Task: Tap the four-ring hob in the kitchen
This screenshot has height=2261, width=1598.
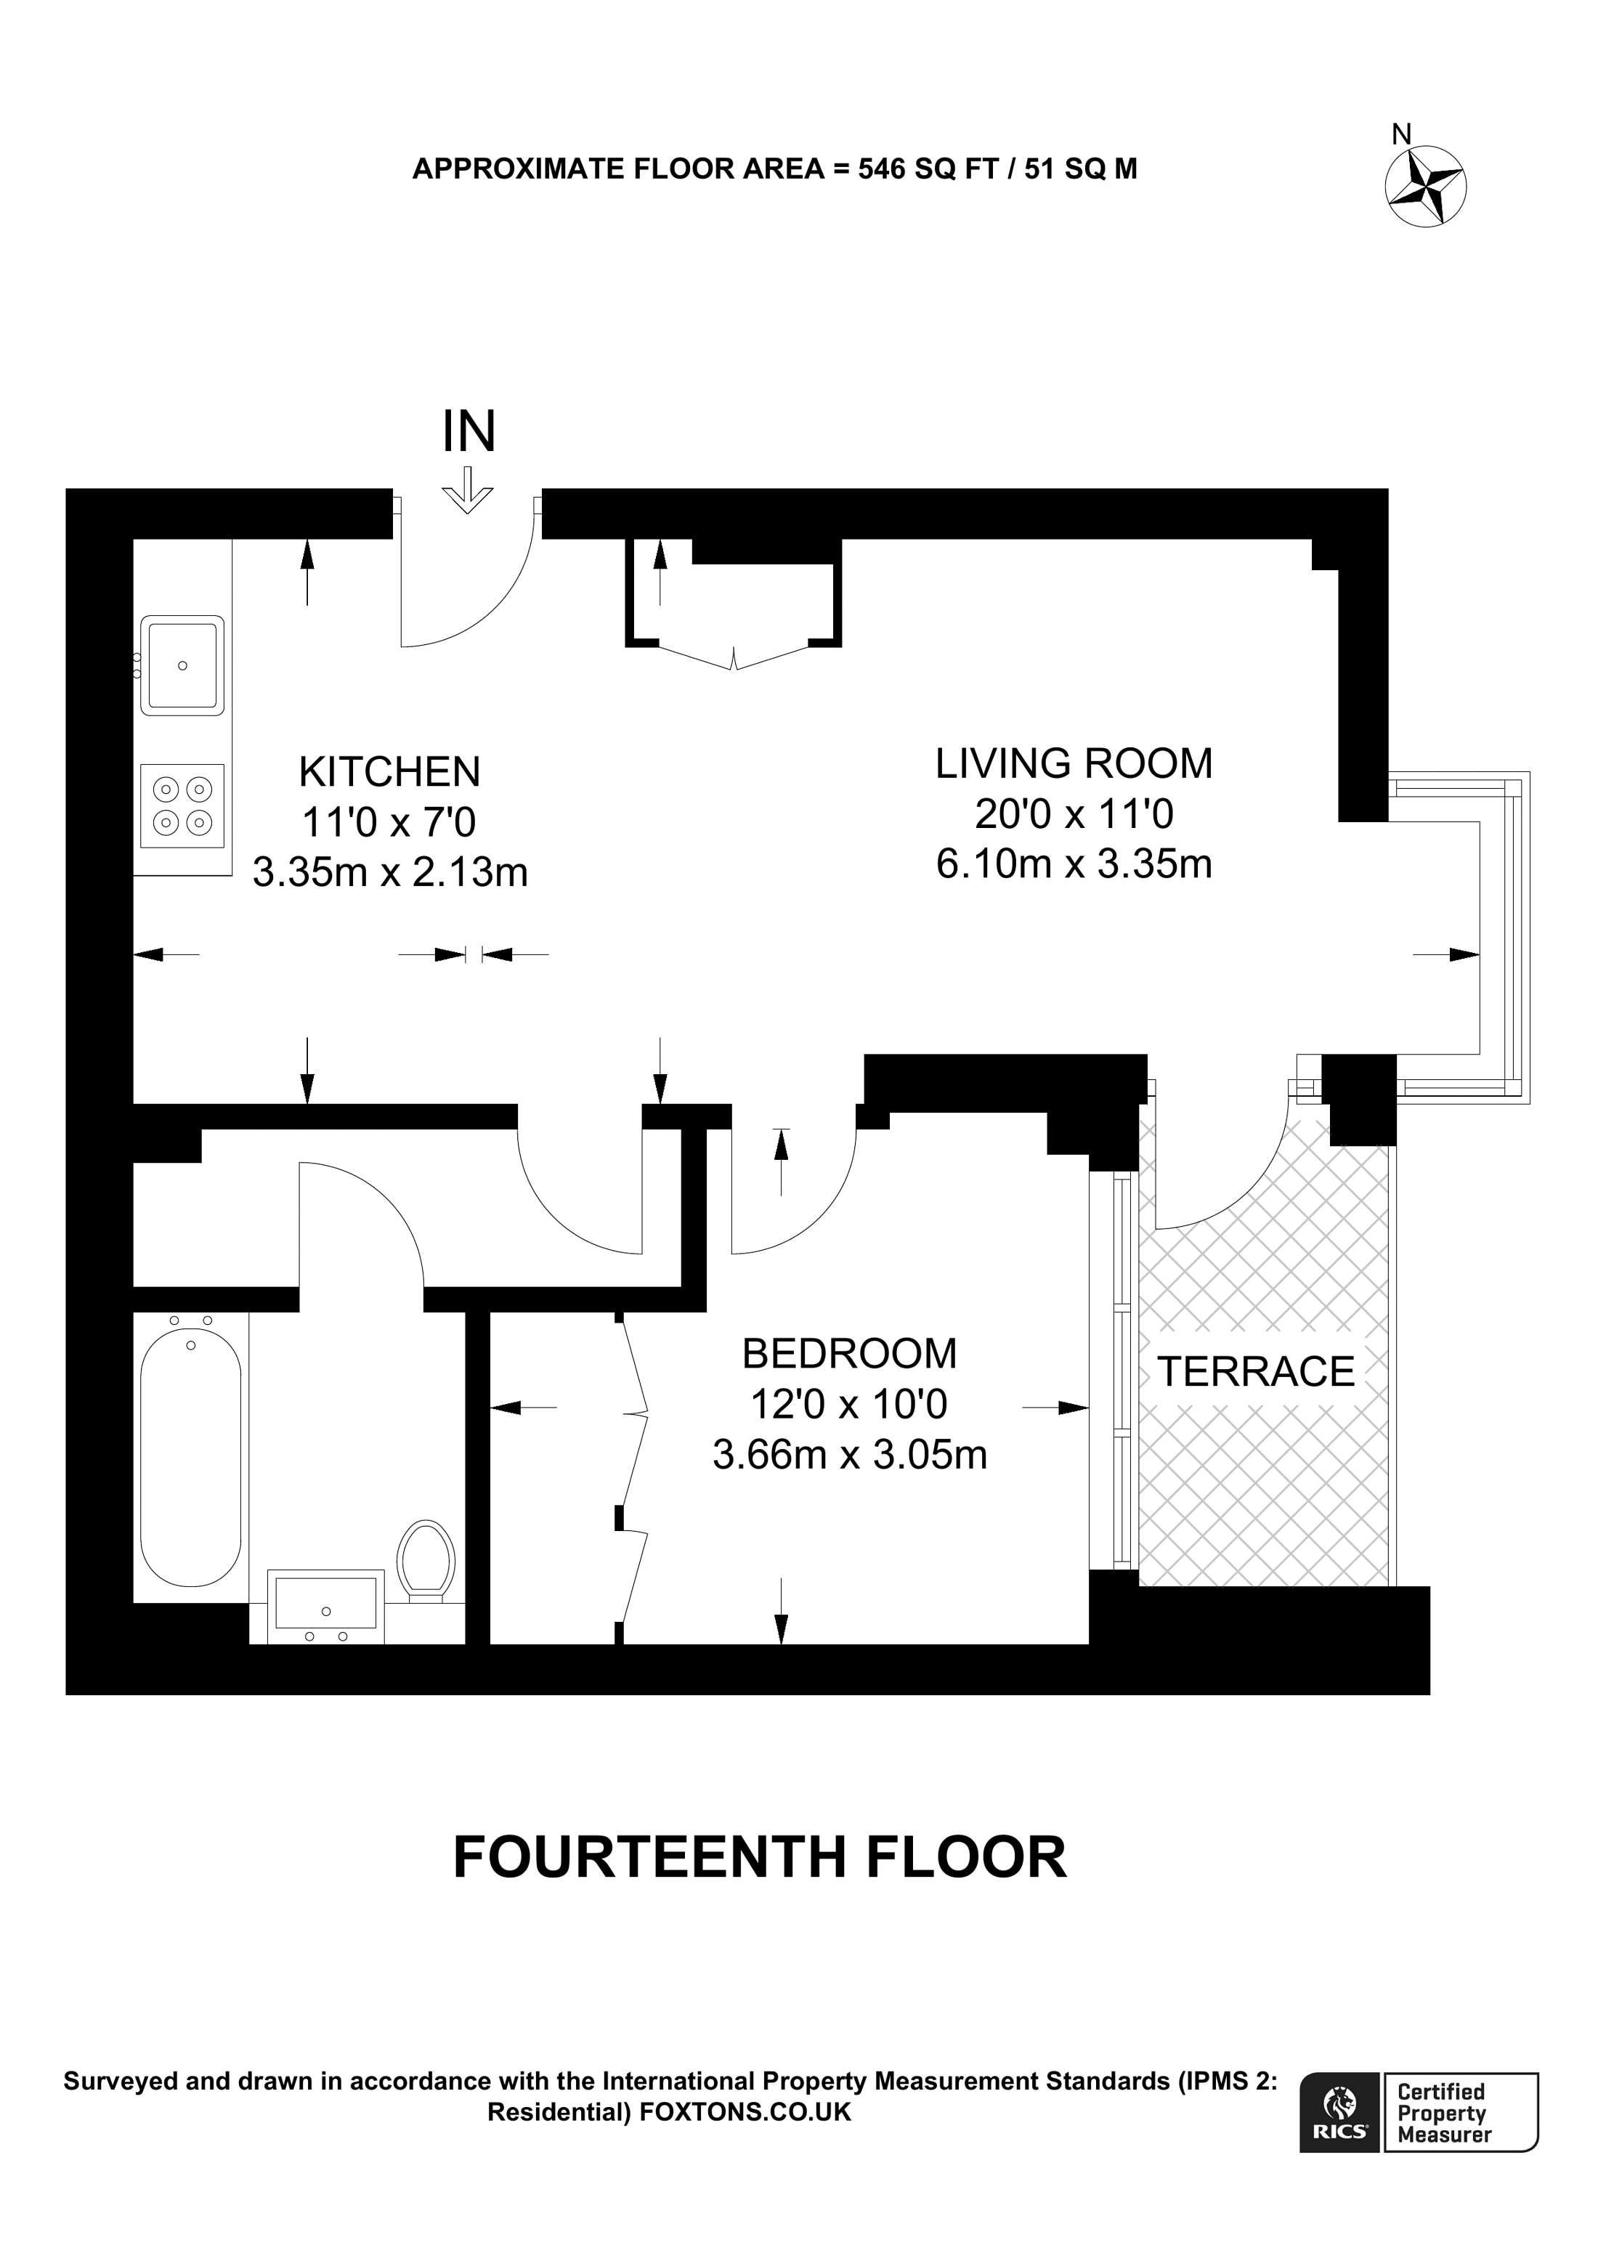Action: click(x=182, y=805)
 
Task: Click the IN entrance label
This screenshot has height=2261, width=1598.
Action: click(x=469, y=431)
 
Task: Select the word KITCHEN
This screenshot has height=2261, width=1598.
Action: click(x=390, y=772)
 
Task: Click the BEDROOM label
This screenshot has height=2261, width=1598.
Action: click(x=848, y=1354)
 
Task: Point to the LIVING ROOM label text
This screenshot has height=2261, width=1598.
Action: click(x=1074, y=764)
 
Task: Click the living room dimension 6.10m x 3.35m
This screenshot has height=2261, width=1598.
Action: click(x=1074, y=864)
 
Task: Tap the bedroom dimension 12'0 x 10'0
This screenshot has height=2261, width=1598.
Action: click(x=848, y=1404)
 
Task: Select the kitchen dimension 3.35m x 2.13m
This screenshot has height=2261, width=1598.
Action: click(x=390, y=872)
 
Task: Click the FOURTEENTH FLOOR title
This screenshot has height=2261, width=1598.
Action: click(x=759, y=1858)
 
